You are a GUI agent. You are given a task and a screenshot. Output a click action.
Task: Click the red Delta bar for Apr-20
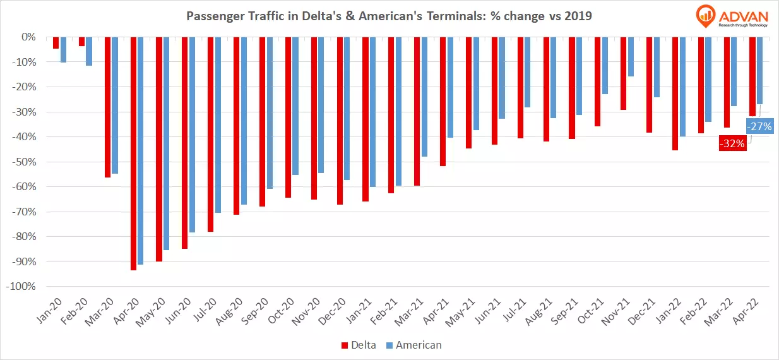click(134, 153)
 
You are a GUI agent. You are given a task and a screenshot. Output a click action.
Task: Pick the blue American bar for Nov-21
click(630, 57)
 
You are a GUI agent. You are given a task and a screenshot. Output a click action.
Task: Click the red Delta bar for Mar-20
click(108, 107)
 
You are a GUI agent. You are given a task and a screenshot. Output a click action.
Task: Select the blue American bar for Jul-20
click(218, 124)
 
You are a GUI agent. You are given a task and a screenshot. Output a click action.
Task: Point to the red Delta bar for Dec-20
click(340, 121)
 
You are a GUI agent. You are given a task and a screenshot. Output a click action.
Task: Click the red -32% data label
click(732, 143)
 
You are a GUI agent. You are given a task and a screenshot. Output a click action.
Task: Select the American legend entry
click(414, 345)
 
